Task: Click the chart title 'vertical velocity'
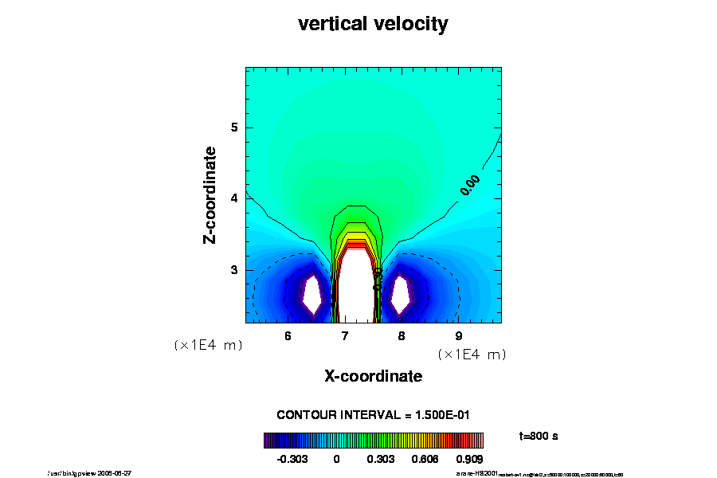click(x=373, y=24)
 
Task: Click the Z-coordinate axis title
click(x=210, y=194)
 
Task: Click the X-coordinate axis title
click(x=373, y=375)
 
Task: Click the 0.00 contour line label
click(x=469, y=185)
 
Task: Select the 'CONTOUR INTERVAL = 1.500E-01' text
click(x=373, y=415)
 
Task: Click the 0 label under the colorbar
click(x=336, y=459)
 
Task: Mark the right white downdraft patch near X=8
click(x=402, y=296)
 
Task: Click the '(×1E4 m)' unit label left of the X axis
click(x=208, y=346)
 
